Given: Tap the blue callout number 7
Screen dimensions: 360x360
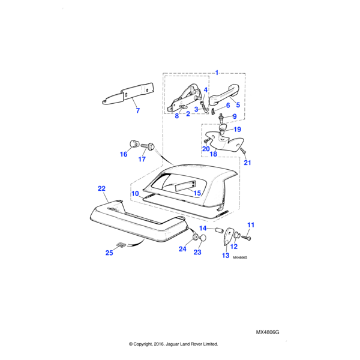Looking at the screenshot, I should (137, 111).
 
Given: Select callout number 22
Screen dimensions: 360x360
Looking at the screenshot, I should (101, 188).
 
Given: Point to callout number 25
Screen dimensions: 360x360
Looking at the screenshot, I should (109, 253).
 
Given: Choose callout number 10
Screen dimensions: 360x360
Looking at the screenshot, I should (135, 193).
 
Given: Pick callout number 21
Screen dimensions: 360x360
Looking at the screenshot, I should (248, 163).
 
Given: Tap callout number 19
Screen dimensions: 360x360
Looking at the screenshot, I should (237, 129).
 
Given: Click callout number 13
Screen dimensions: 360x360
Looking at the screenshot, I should (226, 255).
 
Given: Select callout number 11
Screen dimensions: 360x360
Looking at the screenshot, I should (251, 225).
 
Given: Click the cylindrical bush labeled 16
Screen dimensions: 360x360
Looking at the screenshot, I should (134, 144).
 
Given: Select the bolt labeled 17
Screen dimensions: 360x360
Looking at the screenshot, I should (150, 146).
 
